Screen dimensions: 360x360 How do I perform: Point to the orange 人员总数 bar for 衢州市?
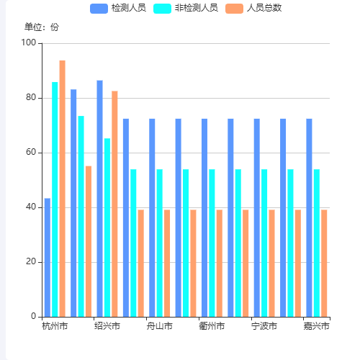coord(220,263)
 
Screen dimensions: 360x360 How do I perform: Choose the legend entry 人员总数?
coord(253,8)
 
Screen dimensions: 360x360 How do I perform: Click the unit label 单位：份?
coord(42,27)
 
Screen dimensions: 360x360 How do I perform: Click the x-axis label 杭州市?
coord(55,327)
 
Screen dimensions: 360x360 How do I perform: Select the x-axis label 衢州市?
coord(212,327)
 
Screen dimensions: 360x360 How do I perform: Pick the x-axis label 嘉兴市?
coord(316,327)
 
